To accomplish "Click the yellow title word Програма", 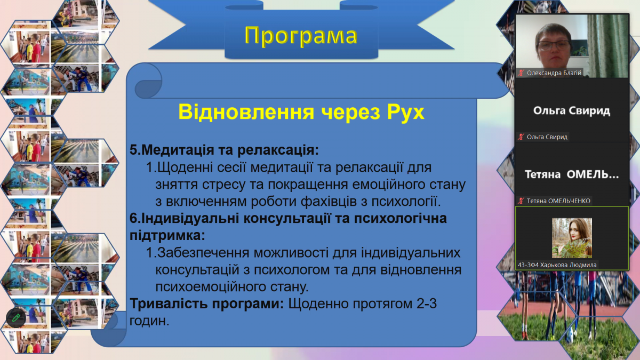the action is (301, 36).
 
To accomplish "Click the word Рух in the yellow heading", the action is (406, 112).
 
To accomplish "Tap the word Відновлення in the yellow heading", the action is (246, 111).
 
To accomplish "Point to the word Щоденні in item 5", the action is (185, 167).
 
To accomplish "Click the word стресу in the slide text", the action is (224, 185).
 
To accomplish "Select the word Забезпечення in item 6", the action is (203, 253).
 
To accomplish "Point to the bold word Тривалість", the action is (169, 303).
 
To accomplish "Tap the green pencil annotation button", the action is (16, 318).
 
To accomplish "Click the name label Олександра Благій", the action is (554, 73).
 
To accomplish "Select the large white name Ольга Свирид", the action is (572, 110).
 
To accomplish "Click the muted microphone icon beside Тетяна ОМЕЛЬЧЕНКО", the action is (521, 201).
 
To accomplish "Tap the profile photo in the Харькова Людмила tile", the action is (572, 238).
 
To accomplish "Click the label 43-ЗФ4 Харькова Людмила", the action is (557, 265).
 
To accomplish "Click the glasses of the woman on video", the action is (554, 46).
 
